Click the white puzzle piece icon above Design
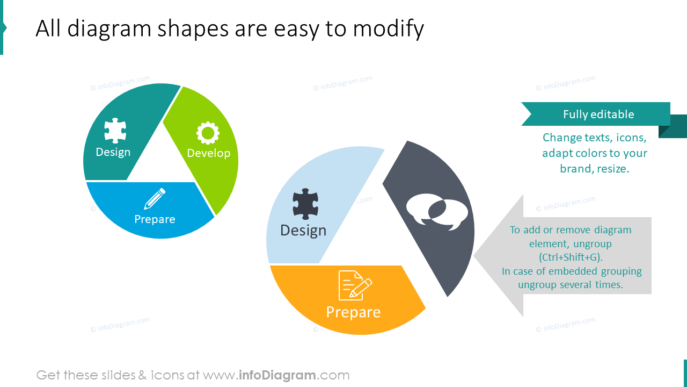pos(115,131)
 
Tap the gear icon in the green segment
pos(208,133)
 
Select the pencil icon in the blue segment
pos(155,199)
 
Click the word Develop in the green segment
pos(208,153)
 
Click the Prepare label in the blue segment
pos(155,219)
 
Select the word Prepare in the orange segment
pos(353,312)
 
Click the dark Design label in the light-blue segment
pos(303,230)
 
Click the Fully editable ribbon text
pos(598,114)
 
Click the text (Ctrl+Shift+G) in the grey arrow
pos(571,257)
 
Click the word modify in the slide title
pos(388,28)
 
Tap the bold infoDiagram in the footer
pos(276,375)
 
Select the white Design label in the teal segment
pos(113,152)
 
